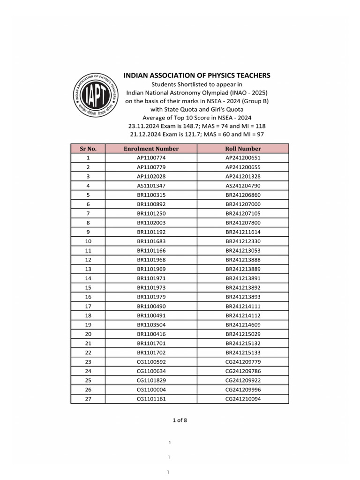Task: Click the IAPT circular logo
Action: pos(95,97)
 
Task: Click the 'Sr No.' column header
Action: pos(88,149)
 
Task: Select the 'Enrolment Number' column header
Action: pos(151,149)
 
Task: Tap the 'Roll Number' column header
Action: pos(243,149)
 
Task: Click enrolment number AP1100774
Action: pos(151,158)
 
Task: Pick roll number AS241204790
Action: pos(243,186)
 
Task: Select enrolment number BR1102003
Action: pos(151,223)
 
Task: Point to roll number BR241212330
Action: pos(243,241)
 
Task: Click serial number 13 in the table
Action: pos(88,269)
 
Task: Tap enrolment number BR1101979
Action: pos(151,297)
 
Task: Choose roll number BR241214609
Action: pos(243,325)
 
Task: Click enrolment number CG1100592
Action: pos(151,362)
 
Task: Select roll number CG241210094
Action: pos(243,399)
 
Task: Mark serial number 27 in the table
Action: pos(88,399)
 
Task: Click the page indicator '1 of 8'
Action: pos(180,420)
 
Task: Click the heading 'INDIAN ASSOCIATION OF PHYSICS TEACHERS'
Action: pos(196,75)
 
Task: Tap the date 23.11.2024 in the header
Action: pos(144,126)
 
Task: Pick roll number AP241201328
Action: pos(243,176)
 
